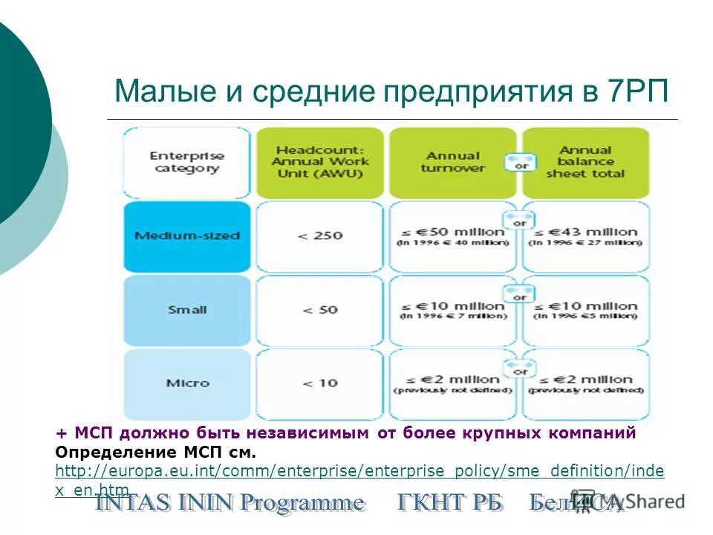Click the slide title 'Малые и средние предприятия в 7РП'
coord(391,91)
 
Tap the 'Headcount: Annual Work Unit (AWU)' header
coord(319,161)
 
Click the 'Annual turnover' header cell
coord(452,162)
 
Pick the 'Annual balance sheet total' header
coord(585,161)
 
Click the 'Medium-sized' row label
coord(186,236)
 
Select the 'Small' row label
coord(186,309)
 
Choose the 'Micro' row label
coord(186,383)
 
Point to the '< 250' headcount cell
coord(319,236)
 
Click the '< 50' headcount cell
coord(319,309)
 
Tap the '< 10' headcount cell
coord(319,383)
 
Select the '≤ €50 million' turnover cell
coord(452,236)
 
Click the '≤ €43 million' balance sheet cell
coord(585,236)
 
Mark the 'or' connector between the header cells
coord(521,164)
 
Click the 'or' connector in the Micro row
coord(520,369)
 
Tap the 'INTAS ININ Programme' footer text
coord(230,504)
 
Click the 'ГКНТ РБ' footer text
coord(450,504)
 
